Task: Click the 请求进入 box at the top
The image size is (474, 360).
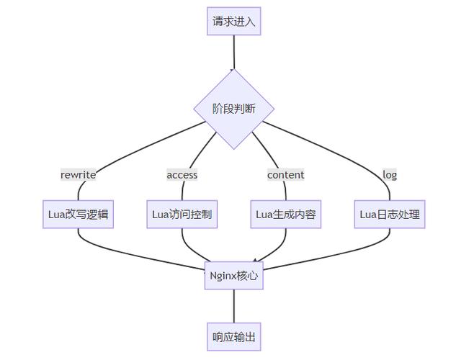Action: point(233,22)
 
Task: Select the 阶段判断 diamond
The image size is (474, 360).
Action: point(233,109)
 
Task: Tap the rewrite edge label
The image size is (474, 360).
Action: point(79,174)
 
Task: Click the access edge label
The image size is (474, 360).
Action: point(182,174)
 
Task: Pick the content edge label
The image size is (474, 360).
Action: point(285,174)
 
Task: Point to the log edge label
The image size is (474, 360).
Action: point(390,174)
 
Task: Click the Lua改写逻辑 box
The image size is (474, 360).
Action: point(79,215)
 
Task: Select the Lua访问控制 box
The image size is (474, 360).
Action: point(182,215)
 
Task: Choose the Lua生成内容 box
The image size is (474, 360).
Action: point(285,215)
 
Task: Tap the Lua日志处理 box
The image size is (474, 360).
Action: point(390,215)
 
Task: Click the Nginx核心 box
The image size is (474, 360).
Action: point(233,275)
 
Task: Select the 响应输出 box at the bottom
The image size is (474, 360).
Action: point(233,336)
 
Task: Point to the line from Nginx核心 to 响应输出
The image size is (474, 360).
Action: point(233,306)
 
